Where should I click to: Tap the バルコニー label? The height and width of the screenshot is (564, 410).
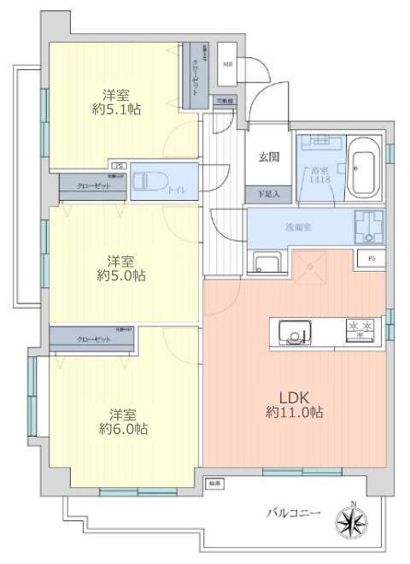[x=291, y=513]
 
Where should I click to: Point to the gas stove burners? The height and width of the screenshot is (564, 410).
[x=363, y=330]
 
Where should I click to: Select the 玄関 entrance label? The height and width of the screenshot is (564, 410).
[x=270, y=157]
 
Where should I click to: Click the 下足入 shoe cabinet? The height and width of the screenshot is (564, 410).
[x=269, y=195]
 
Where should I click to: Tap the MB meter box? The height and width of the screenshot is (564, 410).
[x=229, y=62]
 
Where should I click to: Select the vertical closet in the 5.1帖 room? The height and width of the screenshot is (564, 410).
[x=196, y=74]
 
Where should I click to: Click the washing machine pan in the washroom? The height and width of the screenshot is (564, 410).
[x=369, y=226]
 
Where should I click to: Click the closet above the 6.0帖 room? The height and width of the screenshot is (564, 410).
[x=92, y=338]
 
